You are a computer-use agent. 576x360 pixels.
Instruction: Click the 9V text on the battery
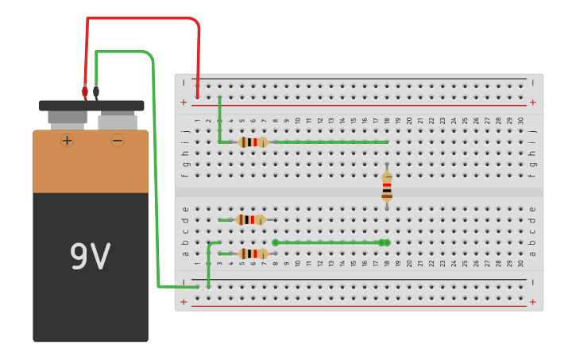[x=90, y=256]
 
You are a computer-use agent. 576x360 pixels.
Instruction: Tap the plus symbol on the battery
[x=67, y=141]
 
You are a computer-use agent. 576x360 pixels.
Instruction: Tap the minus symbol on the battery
[x=118, y=141]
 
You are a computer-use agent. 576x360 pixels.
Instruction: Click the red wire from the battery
[x=143, y=17]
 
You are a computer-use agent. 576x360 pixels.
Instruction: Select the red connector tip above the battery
[x=85, y=92]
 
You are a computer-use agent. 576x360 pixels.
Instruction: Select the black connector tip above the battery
[x=96, y=92]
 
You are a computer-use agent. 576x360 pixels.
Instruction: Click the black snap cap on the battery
[x=91, y=106]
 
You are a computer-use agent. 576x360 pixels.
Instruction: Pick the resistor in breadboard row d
[x=250, y=219]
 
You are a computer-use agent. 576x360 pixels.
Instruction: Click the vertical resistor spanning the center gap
[x=387, y=186]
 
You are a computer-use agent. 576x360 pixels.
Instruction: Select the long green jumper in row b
[x=330, y=242]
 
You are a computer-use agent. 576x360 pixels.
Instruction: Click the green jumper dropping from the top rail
[x=220, y=119]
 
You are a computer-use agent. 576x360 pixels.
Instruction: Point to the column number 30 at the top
[x=520, y=121]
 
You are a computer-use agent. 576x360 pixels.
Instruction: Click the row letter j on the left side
[x=184, y=131]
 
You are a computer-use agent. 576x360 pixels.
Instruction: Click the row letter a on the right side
[x=532, y=254]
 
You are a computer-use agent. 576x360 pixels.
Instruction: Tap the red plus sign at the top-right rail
[x=532, y=102]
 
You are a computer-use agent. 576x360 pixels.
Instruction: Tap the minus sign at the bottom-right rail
[x=532, y=282]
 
